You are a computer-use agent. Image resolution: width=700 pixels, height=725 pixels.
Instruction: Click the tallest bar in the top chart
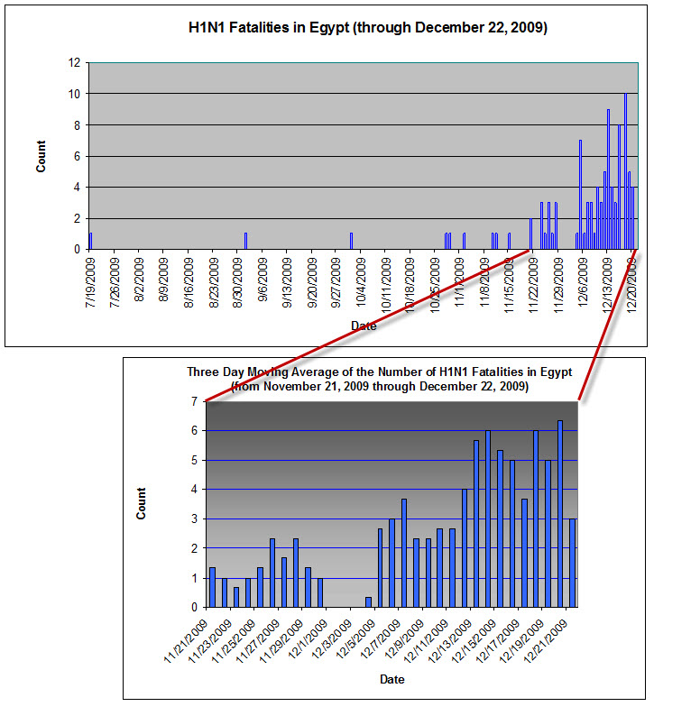[625, 171]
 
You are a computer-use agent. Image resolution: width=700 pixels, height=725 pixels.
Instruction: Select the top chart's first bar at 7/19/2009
[91, 241]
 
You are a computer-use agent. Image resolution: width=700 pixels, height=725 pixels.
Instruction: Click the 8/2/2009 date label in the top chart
[140, 283]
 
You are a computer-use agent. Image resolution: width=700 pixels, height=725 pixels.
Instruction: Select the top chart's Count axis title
[41, 157]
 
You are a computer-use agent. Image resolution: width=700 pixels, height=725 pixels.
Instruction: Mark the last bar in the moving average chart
[572, 563]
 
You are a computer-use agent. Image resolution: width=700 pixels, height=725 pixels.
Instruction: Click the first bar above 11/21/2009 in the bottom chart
[212, 587]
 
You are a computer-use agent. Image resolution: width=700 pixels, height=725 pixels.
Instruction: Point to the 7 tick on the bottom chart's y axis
[195, 401]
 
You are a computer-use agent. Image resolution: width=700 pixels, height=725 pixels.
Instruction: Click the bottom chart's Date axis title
[391, 678]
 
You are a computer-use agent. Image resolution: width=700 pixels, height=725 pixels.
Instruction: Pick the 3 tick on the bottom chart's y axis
[195, 519]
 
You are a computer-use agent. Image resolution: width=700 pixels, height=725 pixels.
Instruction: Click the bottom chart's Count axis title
[141, 503]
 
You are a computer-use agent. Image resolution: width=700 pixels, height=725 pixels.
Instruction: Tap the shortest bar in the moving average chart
[368, 601]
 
